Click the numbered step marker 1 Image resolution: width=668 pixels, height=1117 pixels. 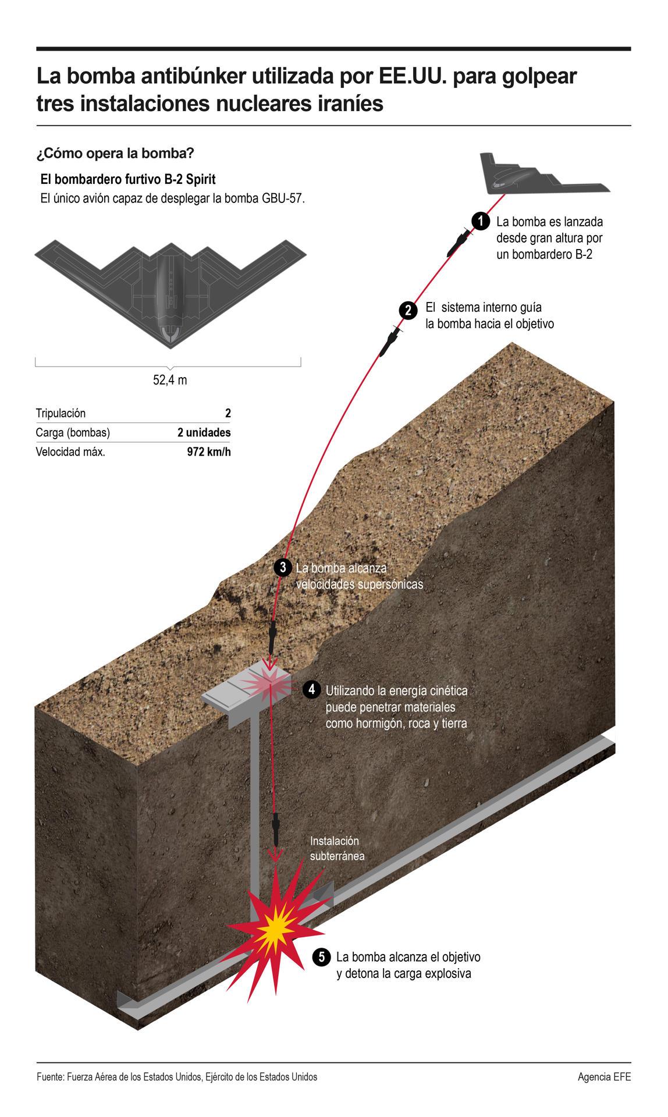coord(480,221)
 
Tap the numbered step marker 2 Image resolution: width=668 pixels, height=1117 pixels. coord(408,311)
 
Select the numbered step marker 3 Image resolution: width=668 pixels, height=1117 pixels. coord(283,567)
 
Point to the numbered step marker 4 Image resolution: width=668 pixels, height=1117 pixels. coord(312,689)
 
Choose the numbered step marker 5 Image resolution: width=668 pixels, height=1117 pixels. coord(322,957)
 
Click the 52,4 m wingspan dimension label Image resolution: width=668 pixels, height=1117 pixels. coord(170,380)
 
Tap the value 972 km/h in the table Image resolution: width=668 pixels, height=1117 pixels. coord(209,452)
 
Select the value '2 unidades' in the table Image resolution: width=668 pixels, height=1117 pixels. coord(204,432)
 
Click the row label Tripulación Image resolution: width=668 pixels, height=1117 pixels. coord(61,414)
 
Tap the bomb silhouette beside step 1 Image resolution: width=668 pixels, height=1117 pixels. coord(459,242)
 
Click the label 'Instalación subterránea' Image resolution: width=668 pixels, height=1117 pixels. coord(337,848)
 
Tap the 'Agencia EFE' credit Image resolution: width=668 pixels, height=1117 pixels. coord(604,1077)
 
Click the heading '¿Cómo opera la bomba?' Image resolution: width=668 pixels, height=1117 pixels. coord(115,154)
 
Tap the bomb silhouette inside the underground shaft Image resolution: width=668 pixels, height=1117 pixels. coord(276,830)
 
